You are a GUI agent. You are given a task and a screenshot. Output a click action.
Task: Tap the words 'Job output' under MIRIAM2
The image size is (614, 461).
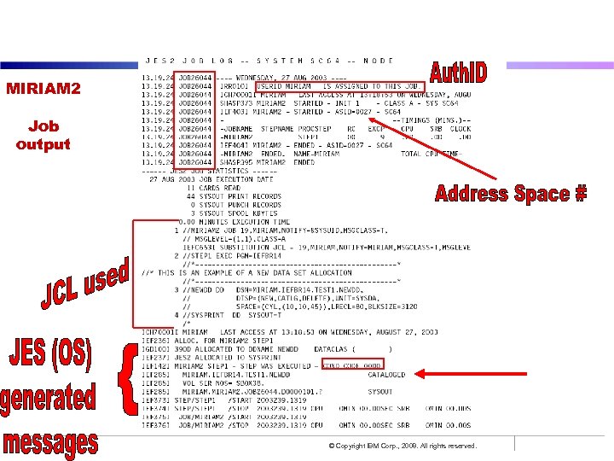(x=43, y=136)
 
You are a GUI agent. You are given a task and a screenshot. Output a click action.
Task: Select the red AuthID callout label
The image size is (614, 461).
(x=458, y=72)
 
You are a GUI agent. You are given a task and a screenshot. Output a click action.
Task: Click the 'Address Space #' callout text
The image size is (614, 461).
(x=510, y=194)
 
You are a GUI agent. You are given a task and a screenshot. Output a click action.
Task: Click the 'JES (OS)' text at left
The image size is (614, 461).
(x=49, y=353)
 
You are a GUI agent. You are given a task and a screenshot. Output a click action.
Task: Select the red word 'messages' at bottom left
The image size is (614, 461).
(x=50, y=441)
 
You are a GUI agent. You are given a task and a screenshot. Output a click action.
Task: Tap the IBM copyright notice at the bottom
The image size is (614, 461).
(x=403, y=446)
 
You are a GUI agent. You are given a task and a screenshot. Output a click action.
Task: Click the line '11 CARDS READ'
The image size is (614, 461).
(x=213, y=188)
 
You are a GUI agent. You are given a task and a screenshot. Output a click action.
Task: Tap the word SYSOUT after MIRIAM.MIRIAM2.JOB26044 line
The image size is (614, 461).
(x=380, y=391)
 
